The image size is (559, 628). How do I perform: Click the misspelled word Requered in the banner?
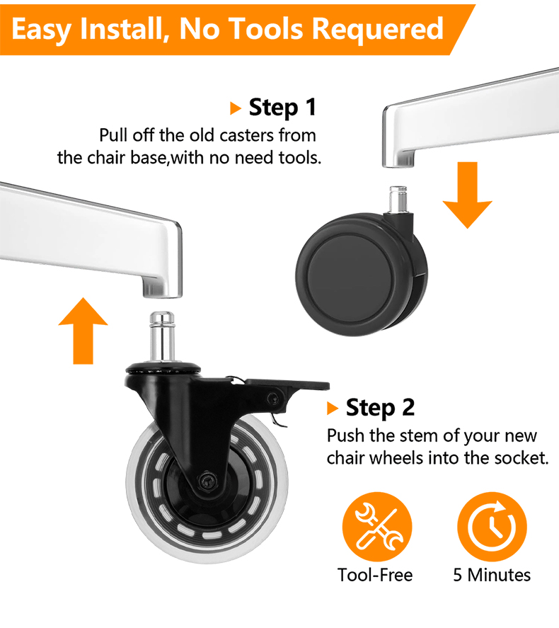coord(377,29)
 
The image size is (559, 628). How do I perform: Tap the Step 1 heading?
coord(282,108)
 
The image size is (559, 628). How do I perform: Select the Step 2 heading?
coord(380,408)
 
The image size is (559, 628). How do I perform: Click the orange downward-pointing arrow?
coord(468,195)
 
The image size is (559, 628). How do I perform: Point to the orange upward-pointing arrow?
coord(83,331)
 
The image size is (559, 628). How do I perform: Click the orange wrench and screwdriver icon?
coord(377,527)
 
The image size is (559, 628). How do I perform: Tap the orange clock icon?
coord(492,527)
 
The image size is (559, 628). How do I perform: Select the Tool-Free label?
coord(375,575)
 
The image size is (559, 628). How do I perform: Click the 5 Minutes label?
coord(492,575)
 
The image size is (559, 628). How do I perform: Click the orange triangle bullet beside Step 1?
coord(236,108)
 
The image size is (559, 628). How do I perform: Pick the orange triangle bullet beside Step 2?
coord(333,408)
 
